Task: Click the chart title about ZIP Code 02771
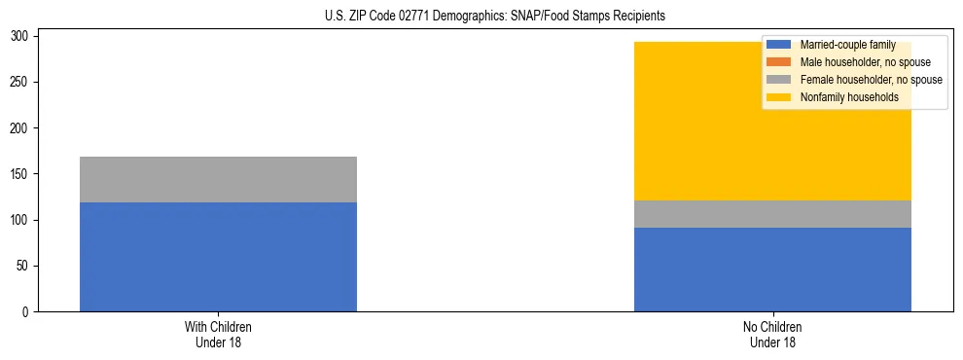pyautogui.click(x=495, y=17)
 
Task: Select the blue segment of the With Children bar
pyautogui.click(x=218, y=257)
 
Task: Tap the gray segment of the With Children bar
pyautogui.click(x=218, y=179)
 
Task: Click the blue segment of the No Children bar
pyautogui.click(x=772, y=270)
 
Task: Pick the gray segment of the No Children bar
pyautogui.click(x=772, y=214)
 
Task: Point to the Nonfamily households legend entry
pyautogui.click(x=848, y=97)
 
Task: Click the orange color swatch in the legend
pyautogui.click(x=779, y=62)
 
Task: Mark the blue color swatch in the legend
pyautogui.click(x=779, y=45)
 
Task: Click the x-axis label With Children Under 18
pyautogui.click(x=218, y=334)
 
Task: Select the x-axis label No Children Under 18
pyautogui.click(x=772, y=334)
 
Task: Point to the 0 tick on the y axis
pyautogui.click(x=28, y=312)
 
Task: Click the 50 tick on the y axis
pyautogui.click(x=25, y=267)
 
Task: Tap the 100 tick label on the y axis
pyautogui.click(x=22, y=220)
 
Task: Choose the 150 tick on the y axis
pyautogui.click(x=22, y=174)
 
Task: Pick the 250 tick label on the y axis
pyautogui.click(x=22, y=83)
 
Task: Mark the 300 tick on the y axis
pyautogui.click(x=22, y=37)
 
